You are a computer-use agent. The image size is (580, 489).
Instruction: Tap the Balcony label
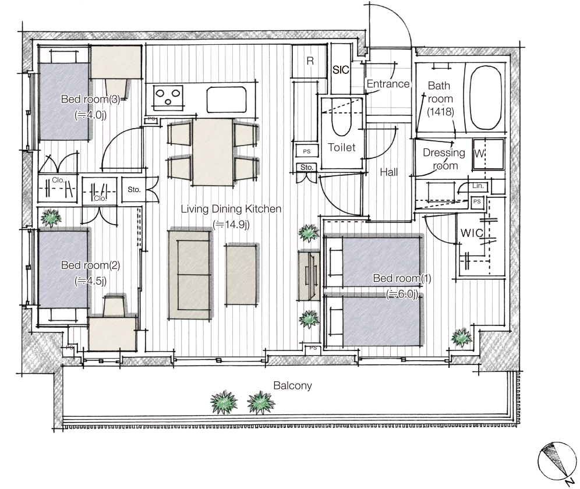292,385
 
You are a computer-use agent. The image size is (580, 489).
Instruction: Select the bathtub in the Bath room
485,97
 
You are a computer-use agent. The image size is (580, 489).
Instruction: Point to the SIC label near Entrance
341,70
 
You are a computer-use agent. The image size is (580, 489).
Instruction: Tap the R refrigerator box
309,61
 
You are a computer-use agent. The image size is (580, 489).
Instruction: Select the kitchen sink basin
227,100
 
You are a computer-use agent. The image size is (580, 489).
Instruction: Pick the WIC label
472,233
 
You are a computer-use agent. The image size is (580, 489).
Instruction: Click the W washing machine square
488,154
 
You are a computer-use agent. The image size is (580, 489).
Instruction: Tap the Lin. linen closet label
478,186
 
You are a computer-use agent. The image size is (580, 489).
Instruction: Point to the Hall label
389,172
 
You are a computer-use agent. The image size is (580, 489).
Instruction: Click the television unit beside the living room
309,275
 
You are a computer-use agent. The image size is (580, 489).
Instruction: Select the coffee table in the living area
242,274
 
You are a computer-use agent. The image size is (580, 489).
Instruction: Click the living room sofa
190,274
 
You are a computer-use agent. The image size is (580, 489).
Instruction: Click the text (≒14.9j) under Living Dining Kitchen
231,225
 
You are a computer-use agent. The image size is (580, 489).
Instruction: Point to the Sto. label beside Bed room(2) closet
134,189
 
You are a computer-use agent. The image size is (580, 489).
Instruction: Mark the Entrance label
388,84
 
